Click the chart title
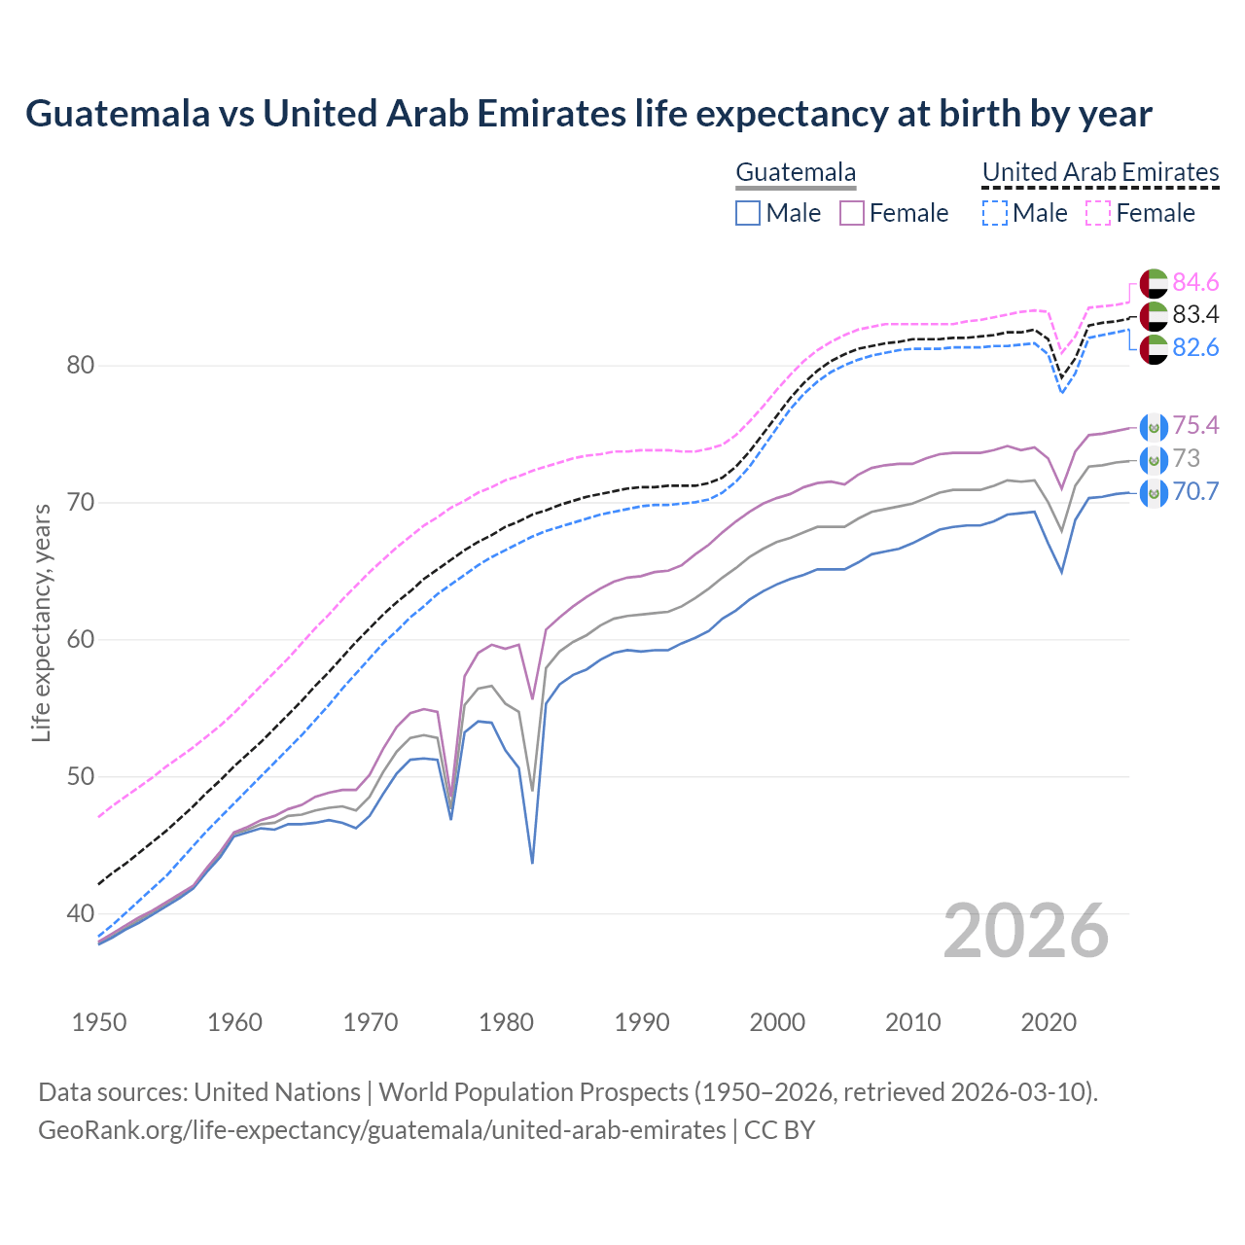(588, 114)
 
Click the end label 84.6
(1195, 282)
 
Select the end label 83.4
(1195, 314)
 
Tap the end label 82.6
(1195, 347)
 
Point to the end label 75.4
(1195, 425)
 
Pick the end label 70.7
(1195, 491)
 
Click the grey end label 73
(1187, 458)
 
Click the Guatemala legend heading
(796, 172)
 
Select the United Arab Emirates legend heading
(1100, 172)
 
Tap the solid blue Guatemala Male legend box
(748, 213)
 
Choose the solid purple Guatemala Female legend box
(852, 213)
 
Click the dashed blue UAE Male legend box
(994, 213)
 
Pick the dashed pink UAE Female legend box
(1098, 213)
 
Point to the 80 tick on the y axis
(81, 366)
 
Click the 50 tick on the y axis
(81, 776)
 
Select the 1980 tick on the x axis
(506, 1022)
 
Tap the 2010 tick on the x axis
(912, 1022)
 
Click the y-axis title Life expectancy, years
(42, 622)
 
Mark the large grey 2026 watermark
(1026, 931)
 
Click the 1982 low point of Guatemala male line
(532, 862)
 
